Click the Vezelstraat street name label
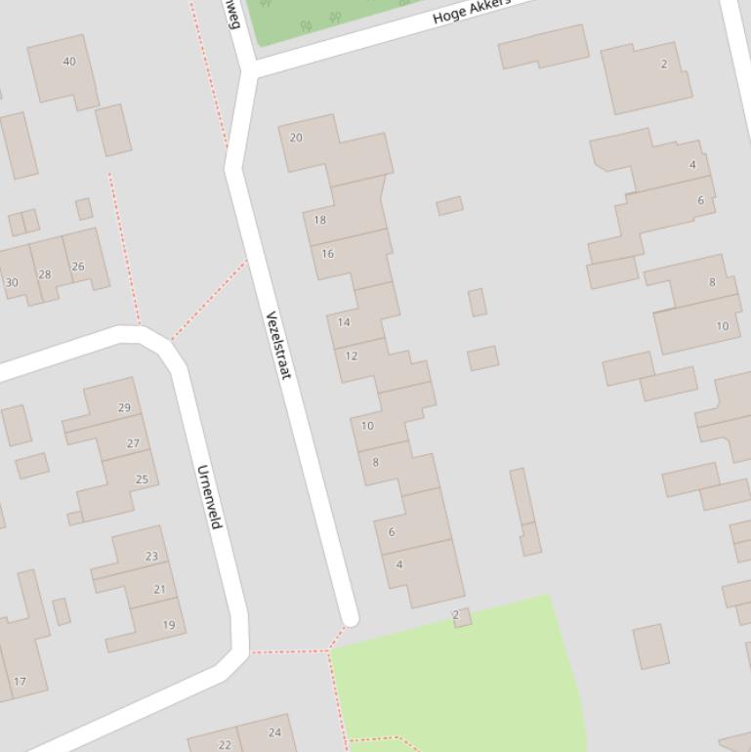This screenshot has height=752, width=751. click(278, 346)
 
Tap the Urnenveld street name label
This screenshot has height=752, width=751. click(209, 497)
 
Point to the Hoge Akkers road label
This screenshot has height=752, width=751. click(472, 11)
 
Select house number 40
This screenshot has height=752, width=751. click(69, 62)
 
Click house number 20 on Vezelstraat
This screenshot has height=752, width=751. click(296, 138)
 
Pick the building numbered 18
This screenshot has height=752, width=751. click(319, 220)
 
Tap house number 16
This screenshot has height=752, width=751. click(327, 254)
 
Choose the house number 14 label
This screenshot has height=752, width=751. click(344, 322)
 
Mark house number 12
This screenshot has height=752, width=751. click(352, 355)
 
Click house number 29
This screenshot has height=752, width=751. click(124, 408)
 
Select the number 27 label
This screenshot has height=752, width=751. click(133, 443)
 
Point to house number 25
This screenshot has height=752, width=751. click(142, 480)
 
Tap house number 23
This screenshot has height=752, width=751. click(151, 557)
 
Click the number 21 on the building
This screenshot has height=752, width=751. click(159, 590)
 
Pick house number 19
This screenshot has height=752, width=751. click(169, 625)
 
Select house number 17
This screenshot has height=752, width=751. click(20, 682)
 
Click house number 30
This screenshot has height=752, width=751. click(12, 283)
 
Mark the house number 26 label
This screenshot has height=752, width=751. click(78, 267)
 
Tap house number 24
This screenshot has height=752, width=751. click(274, 732)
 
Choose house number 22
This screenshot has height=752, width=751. click(225, 745)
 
